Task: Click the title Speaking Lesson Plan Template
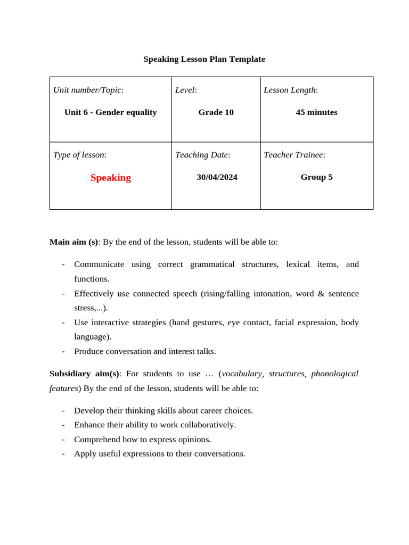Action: coord(204,59)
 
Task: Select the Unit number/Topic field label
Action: coord(88,90)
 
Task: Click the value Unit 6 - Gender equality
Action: coord(110,112)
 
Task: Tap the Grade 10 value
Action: coord(216,112)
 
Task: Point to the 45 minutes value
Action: coord(316,112)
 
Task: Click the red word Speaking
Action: coord(110,178)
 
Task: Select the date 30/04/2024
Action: coord(217,177)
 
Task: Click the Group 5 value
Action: coord(316,177)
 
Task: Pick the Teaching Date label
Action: coord(203,155)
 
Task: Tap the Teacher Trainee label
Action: coord(294,155)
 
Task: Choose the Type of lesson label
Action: coord(79,155)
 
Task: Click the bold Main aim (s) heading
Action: coord(73,242)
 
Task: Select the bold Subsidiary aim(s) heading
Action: coord(84,374)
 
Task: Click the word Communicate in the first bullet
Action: coord(99,265)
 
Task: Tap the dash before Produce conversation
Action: coord(63,351)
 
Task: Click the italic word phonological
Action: coord(334,374)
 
